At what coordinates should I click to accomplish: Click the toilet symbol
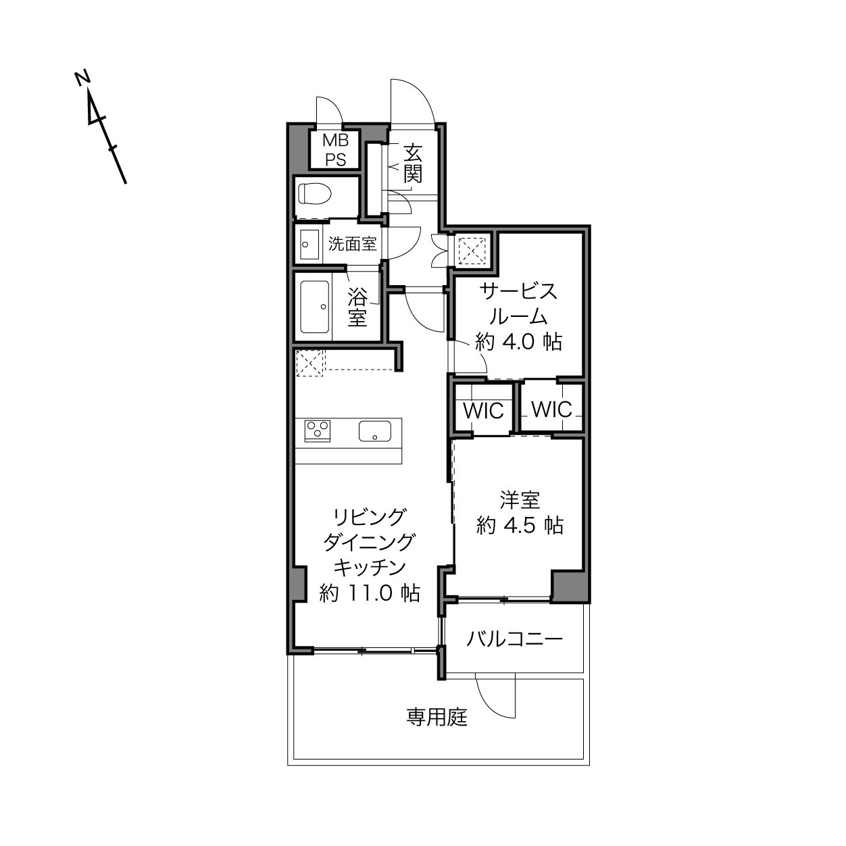click(314, 194)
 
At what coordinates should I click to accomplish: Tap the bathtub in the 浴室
click(314, 307)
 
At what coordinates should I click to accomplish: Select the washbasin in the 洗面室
click(309, 245)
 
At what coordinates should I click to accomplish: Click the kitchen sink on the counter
click(374, 431)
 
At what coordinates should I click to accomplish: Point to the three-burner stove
click(318, 430)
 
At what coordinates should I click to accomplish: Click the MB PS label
click(335, 150)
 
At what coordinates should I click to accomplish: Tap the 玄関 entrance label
click(413, 164)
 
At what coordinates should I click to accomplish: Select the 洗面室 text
click(353, 244)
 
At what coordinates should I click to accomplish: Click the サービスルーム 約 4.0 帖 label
click(518, 316)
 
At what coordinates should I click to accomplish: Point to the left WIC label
click(483, 411)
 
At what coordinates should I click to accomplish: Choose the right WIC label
click(552, 409)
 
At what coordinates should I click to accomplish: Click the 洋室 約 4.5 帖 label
click(520, 513)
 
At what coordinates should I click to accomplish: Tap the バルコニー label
click(514, 639)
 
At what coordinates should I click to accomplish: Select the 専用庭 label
click(437, 718)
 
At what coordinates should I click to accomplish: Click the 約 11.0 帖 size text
click(370, 593)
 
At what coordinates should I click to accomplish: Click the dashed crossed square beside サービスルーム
click(472, 251)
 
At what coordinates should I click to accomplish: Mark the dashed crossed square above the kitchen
click(310, 363)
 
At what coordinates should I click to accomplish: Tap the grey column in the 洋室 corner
click(570, 587)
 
